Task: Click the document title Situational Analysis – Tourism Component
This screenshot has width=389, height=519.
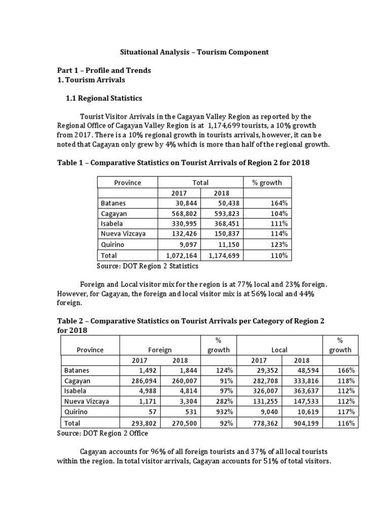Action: [194, 52]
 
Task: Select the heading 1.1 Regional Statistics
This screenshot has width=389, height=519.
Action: [104, 98]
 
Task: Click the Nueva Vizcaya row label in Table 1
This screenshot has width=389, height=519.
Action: [122, 234]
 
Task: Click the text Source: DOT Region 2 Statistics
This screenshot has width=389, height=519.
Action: [147, 266]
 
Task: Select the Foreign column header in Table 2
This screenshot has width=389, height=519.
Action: [160, 350]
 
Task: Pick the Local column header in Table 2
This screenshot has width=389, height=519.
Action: [279, 350]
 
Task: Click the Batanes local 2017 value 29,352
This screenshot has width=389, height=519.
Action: [263, 370]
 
